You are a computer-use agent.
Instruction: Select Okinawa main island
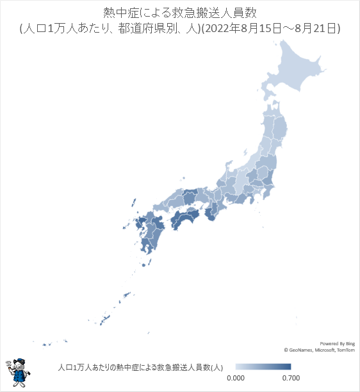102,318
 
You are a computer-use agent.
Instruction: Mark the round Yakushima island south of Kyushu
150,261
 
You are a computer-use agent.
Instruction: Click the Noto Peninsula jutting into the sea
229,170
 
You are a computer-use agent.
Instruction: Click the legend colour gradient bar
263,367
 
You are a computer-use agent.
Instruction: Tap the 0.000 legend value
236,379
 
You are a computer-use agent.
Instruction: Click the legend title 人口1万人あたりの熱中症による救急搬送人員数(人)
140,367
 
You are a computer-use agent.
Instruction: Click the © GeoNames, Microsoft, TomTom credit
318,350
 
